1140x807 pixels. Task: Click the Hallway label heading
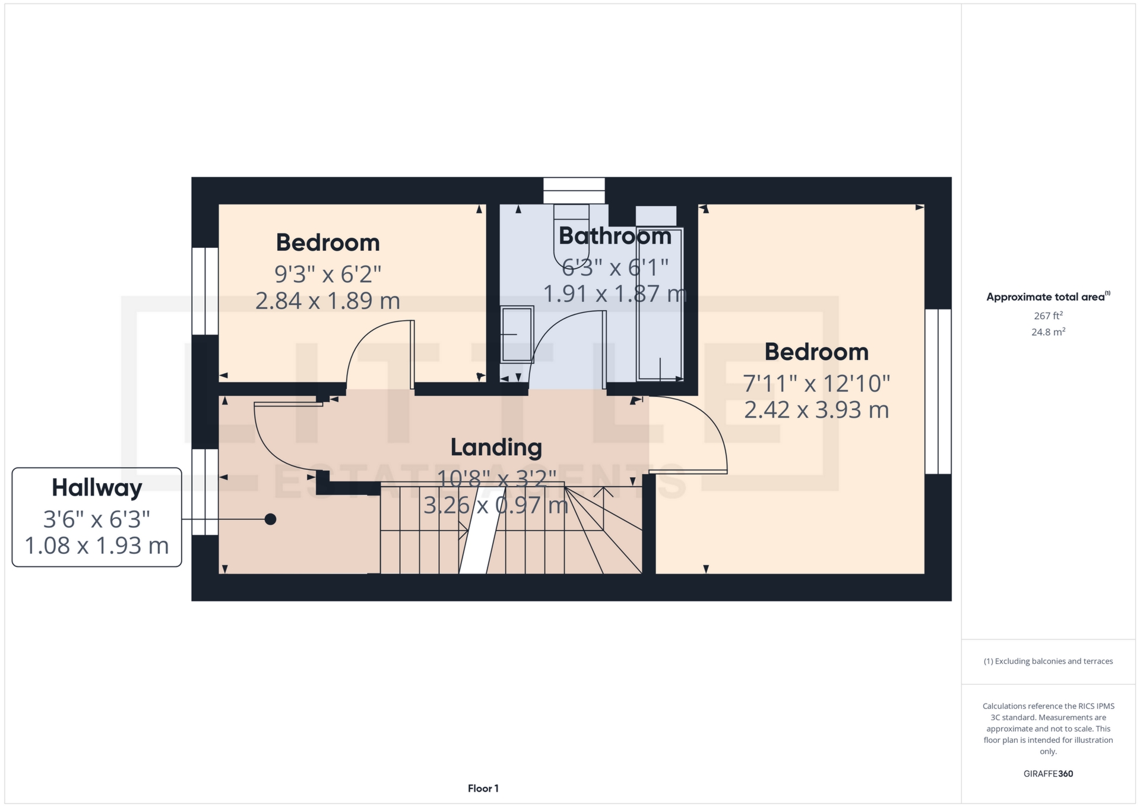(97, 488)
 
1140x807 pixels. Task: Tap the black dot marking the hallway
(270, 519)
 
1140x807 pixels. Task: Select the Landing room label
(496, 447)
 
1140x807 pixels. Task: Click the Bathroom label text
(615, 237)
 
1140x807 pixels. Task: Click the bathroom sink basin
(517, 334)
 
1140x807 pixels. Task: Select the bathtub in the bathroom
(659, 303)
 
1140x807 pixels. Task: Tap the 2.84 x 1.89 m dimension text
(327, 301)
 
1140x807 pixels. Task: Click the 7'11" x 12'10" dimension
(816, 384)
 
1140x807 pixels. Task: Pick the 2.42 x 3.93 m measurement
(816, 410)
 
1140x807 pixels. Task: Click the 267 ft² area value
(1048, 316)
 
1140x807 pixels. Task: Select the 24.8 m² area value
(1048, 332)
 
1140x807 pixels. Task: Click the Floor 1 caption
(483, 789)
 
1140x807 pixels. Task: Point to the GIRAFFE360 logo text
(1048, 774)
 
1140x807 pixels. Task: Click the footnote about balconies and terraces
(1048, 661)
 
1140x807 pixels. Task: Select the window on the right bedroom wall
(938, 391)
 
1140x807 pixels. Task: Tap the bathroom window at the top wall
(574, 191)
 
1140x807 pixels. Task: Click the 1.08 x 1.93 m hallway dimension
(97, 546)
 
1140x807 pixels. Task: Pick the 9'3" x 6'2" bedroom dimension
(327, 274)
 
